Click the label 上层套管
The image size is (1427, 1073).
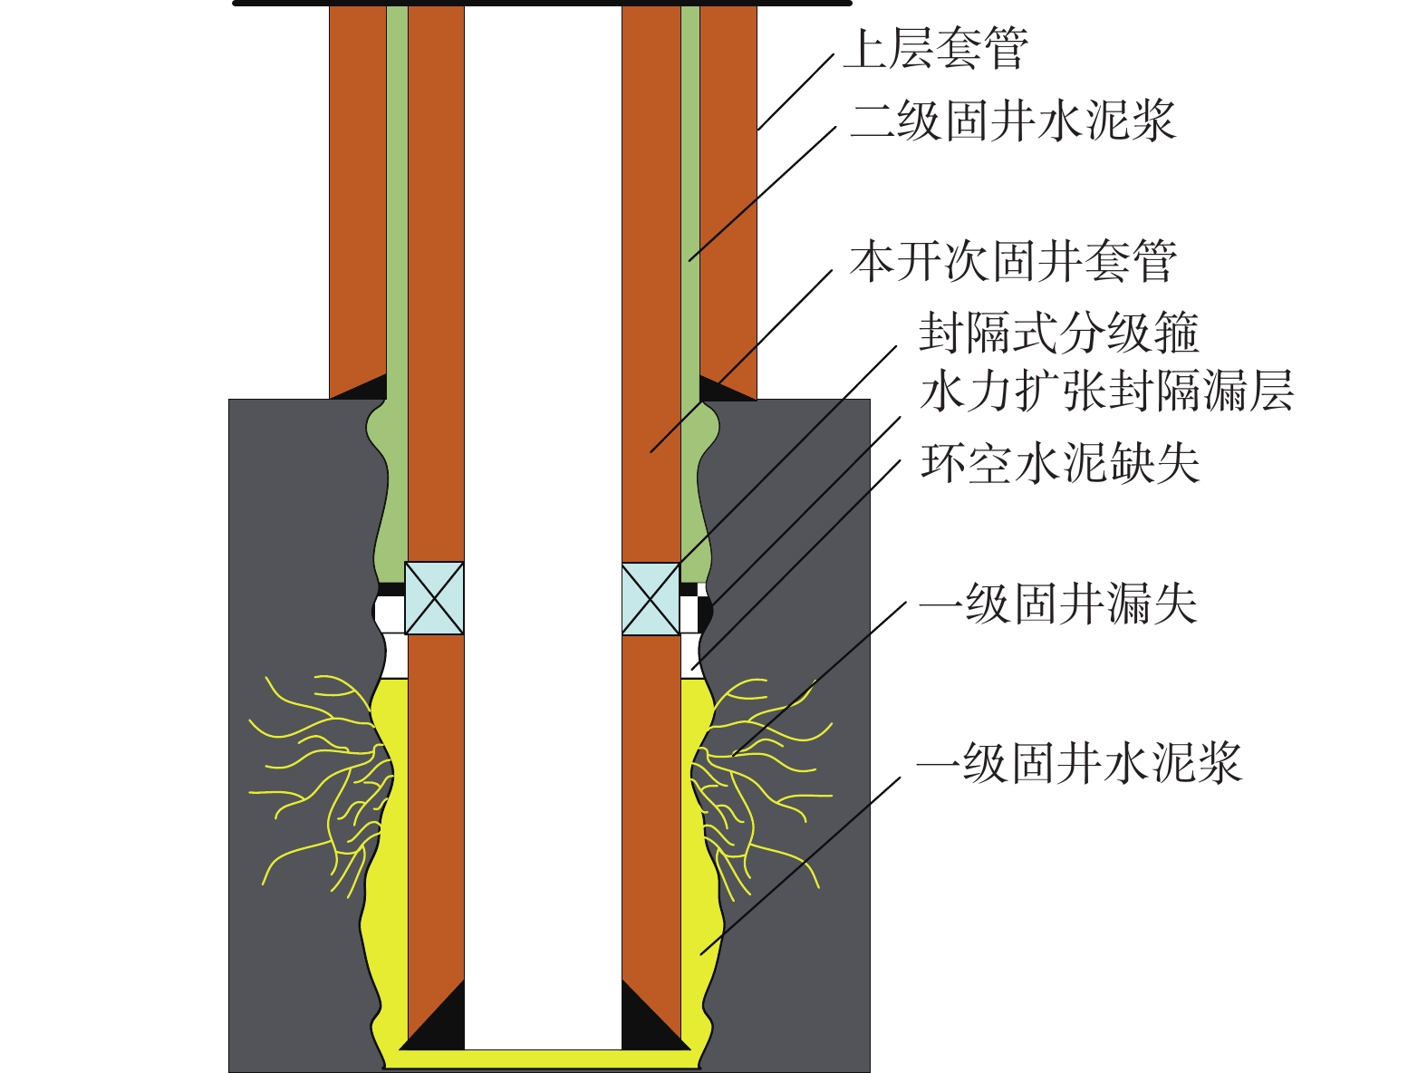point(936,49)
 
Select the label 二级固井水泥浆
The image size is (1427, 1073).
point(1013,121)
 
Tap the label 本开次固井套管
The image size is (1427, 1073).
point(1013,262)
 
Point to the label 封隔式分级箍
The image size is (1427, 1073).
point(1058,333)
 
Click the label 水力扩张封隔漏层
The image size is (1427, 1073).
point(1106,391)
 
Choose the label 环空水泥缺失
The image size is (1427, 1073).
point(1059,463)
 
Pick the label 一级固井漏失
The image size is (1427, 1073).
point(1057,604)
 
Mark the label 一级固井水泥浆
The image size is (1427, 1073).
point(1078,763)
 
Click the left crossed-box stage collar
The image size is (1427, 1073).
point(434,598)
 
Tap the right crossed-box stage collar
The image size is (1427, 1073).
point(651,599)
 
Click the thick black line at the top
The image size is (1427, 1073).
point(542,4)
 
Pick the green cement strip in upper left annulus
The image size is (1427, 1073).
point(397,199)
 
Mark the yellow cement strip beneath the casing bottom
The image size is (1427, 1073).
point(542,1058)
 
